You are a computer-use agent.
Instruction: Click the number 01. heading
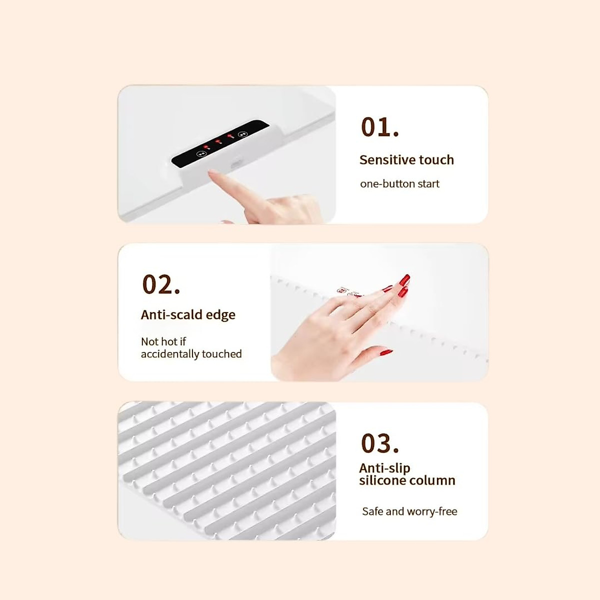click(380, 127)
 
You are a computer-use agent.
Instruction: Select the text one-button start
click(399, 184)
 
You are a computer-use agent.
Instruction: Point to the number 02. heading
click(161, 284)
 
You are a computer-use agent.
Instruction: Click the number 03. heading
click(380, 443)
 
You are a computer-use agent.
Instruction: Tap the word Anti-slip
click(384, 468)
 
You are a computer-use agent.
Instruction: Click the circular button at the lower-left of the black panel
click(202, 153)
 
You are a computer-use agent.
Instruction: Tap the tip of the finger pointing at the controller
click(211, 172)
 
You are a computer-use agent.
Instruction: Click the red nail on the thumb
click(385, 352)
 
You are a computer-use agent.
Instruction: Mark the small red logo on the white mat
click(344, 291)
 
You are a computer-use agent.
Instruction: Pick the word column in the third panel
click(433, 480)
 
